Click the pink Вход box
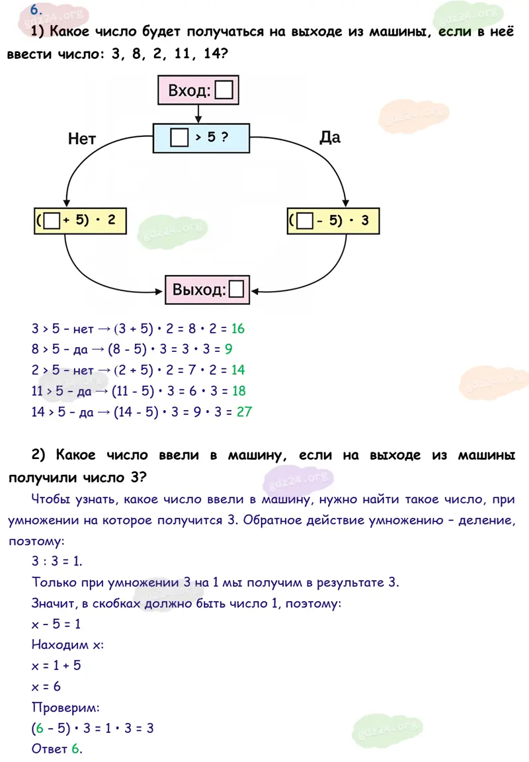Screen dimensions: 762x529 click(197, 91)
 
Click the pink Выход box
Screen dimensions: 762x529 click(208, 290)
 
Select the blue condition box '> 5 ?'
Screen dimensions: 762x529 click(201, 138)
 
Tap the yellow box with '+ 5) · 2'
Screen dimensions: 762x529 click(79, 221)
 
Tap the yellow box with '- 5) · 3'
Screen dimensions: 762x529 click(333, 221)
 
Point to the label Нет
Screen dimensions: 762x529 click(82, 139)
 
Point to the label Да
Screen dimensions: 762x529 click(329, 137)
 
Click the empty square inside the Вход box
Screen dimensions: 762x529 click(224, 91)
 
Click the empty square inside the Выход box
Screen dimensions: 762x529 click(237, 290)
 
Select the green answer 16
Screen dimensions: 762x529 click(239, 329)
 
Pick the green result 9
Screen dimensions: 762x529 click(228, 349)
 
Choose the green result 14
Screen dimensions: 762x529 click(238, 370)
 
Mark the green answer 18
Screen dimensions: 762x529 click(239, 391)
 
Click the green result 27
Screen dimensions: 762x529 click(244, 411)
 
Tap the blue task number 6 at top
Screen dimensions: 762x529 click(36, 9)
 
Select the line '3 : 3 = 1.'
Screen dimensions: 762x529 click(57, 561)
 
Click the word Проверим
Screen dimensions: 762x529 click(65, 708)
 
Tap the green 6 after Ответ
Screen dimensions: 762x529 click(75, 749)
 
